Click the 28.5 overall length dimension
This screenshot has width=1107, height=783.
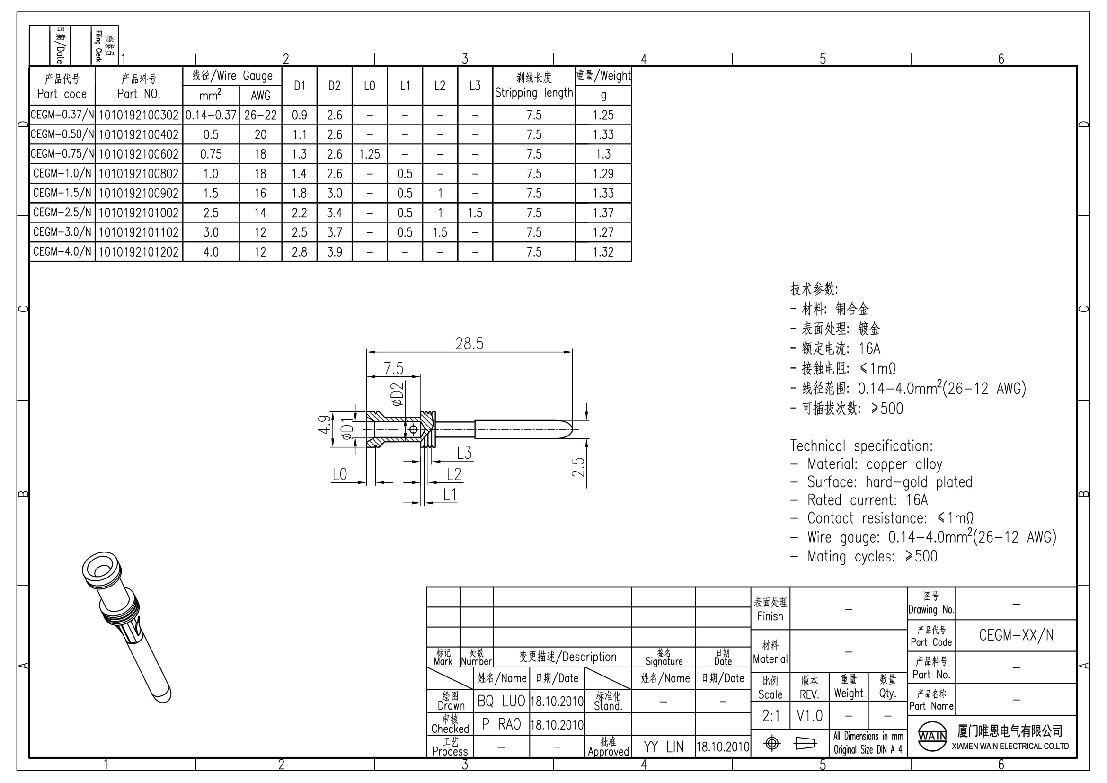pos(469,344)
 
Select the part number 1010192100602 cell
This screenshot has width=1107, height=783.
pos(139,154)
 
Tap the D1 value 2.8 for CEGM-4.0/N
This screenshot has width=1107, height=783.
pos(300,252)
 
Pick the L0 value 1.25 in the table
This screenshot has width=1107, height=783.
pos(369,154)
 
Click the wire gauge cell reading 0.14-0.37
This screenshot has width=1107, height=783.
pos(211,115)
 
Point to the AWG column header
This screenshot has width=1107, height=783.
pos(260,96)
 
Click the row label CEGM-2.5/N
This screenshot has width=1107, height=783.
pos(62,213)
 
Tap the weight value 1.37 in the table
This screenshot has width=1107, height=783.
pos(603,213)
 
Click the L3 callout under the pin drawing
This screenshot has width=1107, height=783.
pos(464,453)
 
